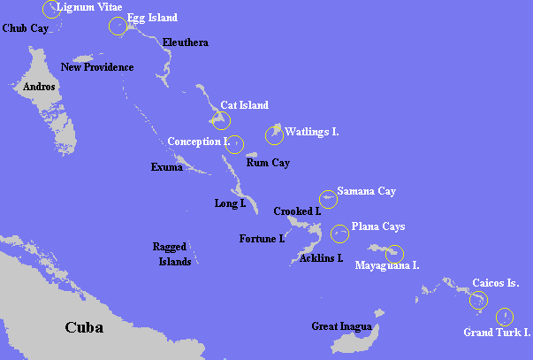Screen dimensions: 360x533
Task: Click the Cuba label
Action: [84, 327]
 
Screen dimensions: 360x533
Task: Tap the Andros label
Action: [40, 87]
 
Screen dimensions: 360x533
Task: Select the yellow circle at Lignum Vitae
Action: [51, 10]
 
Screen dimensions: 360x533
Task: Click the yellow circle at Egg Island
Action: [118, 25]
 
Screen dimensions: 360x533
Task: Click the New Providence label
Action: [97, 67]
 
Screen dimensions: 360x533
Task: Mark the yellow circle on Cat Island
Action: [221, 120]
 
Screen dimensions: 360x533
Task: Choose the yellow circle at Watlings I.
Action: [274, 135]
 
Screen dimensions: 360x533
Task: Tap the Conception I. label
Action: [197, 142]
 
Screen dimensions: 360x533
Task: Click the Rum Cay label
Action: [268, 163]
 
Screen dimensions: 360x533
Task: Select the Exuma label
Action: [166, 166]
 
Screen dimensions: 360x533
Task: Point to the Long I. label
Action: [230, 203]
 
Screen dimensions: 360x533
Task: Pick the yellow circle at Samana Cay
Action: [329, 198]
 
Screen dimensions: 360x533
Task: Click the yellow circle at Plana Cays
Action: [339, 234]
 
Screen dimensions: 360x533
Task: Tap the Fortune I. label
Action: [262, 239]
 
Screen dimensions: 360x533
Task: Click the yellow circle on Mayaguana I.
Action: [394, 253]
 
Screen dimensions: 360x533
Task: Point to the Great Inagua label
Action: [337, 326]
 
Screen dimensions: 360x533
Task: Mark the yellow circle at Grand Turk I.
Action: [504, 316]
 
